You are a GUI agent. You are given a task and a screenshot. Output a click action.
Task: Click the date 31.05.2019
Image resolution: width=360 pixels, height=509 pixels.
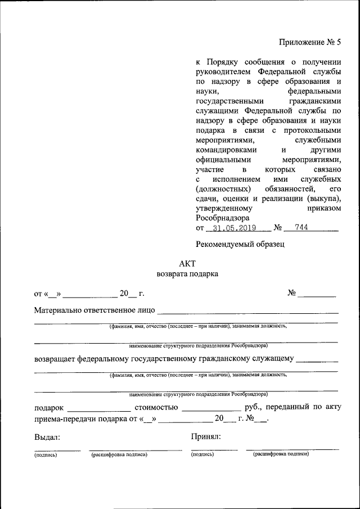(x=231, y=228)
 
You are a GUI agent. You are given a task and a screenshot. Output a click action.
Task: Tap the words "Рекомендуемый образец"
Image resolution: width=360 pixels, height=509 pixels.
(x=240, y=244)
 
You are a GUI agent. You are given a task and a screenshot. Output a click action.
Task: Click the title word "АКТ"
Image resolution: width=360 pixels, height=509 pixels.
(x=187, y=263)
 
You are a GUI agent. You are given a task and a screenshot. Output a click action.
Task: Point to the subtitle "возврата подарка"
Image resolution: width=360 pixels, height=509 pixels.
(x=187, y=274)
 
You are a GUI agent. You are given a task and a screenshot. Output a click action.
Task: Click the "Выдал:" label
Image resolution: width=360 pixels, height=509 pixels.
(x=47, y=436)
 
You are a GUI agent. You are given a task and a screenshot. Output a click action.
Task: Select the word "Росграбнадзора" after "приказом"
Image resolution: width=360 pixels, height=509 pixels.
(x=222, y=218)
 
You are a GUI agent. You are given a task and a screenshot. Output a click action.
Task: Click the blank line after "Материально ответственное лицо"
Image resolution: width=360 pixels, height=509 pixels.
(x=248, y=310)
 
